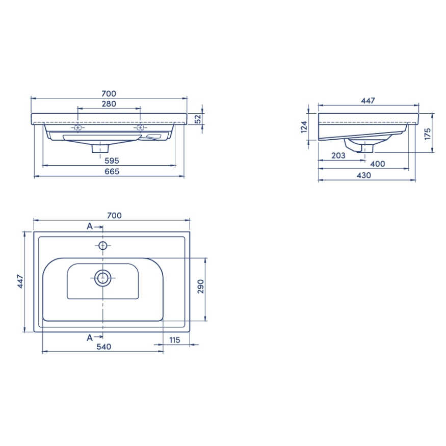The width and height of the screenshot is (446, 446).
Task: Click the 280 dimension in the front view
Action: pyautogui.click(x=109, y=104)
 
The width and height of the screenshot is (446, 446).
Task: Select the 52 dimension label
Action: pyautogui.click(x=198, y=119)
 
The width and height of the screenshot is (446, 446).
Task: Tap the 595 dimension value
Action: pyautogui.click(x=112, y=161)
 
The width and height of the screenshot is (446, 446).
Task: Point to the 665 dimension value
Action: pyautogui.click(x=112, y=171)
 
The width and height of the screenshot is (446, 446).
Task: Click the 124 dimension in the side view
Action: pyautogui.click(x=304, y=127)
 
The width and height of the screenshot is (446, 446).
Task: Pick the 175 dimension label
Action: pyautogui.click(x=428, y=134)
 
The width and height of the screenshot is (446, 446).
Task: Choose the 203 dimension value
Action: pyautogui.click(x=338, y=155)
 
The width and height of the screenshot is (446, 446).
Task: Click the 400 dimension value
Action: pyautogui.click(x=378, y=164)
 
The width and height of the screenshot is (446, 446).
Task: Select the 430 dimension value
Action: pyautogui.click(x=364, y=175)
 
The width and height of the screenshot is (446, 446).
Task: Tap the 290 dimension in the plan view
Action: pyautogui.click(x=201, y=286)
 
